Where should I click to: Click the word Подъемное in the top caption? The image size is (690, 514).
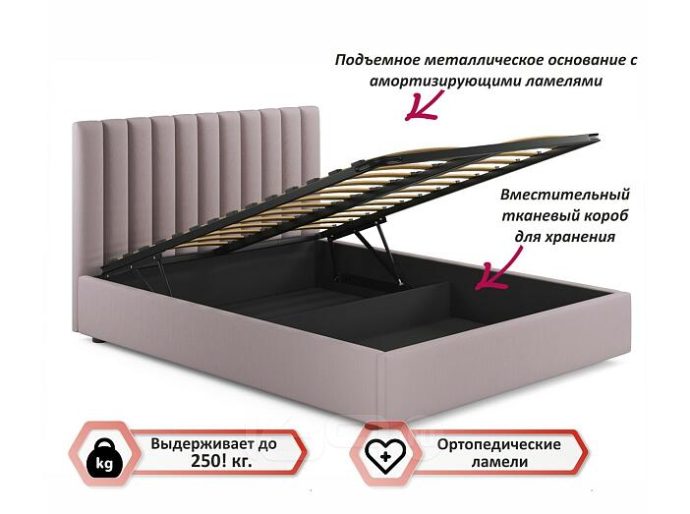pos(377,61)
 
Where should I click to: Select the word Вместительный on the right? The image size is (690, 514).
pos(565,195)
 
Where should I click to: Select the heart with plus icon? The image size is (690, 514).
pos(385,455)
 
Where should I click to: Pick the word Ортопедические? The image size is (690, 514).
pos(499,444)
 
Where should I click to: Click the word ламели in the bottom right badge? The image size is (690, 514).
pos(499,462)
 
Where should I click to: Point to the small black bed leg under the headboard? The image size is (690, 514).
pos(97,341)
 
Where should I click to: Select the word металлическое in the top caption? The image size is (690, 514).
pos(483,61)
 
